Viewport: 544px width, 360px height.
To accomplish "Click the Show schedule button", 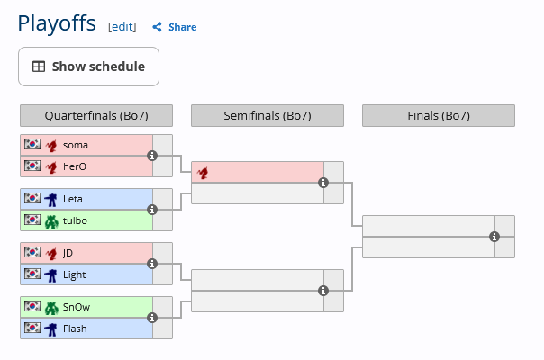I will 88,67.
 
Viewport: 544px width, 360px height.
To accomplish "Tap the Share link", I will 175,27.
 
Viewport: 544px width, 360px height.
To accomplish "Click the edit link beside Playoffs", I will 122,27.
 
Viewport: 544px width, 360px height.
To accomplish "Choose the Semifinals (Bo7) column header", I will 267,116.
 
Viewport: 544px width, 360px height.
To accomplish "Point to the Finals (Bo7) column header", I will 439,116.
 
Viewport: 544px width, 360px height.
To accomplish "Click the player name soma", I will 76,145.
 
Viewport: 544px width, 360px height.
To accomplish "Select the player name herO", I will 76,166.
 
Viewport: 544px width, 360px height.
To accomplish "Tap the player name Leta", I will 74,199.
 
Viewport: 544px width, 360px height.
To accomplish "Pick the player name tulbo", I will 76,220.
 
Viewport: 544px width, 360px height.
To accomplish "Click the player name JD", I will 68,253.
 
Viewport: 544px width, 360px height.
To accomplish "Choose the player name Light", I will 75,274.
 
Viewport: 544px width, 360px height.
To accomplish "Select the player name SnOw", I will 77,307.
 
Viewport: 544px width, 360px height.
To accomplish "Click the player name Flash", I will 76,328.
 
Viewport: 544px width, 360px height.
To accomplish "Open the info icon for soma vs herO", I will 152,156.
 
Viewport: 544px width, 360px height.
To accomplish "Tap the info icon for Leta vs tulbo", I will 152,210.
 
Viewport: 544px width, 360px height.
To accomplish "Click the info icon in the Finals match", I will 494,237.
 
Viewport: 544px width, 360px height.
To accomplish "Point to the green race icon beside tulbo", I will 51,220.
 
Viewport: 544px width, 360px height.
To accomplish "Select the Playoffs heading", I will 57,23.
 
